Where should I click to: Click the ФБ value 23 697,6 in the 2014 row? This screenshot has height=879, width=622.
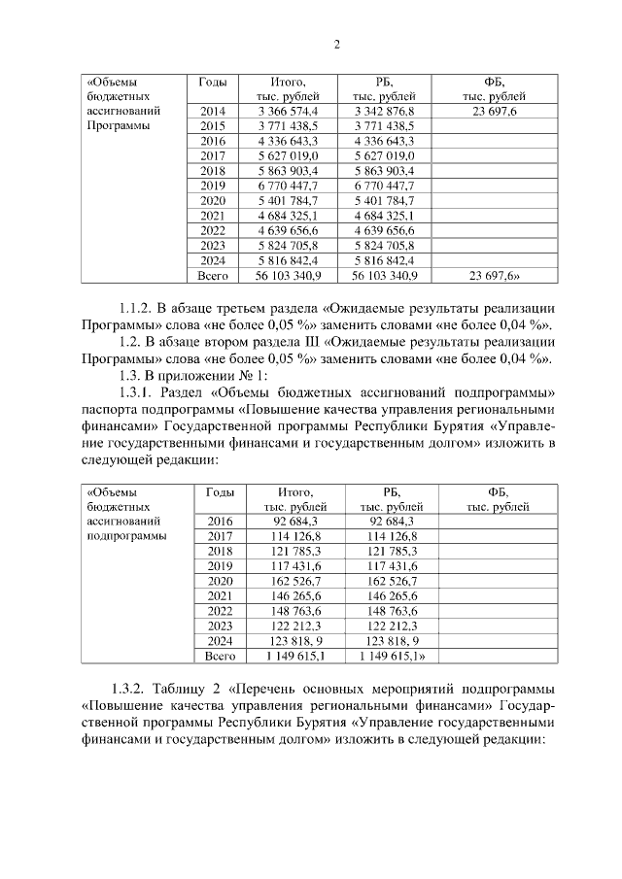click(x=494, y=113)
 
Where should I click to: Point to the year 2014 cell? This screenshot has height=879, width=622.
click(x=212, y=113)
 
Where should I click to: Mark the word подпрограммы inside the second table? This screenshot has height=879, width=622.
click(x=125, y=535)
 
